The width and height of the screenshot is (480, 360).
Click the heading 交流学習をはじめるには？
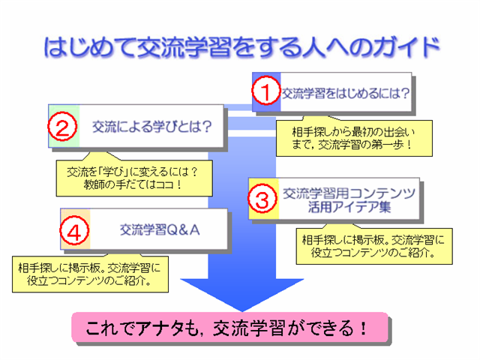point(345,93)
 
